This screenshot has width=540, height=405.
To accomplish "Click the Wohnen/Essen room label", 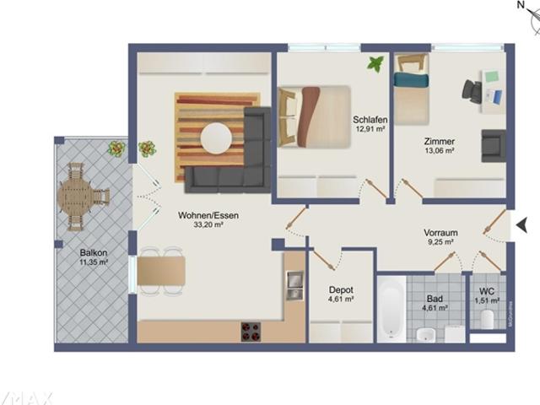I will tap(208, 215).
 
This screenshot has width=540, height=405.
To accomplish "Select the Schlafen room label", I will tap(369, 120).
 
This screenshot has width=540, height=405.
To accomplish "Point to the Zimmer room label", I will tap(440, 142).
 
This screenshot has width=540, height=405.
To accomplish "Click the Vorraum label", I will tap(440, 232).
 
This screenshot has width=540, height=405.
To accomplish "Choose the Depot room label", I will tap(340, 289).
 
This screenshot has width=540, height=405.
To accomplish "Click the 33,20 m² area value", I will tap(208, 225).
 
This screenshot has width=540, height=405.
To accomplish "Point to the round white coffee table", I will tap(217, 138).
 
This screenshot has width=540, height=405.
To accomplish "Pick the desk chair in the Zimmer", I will tap(472, 91).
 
